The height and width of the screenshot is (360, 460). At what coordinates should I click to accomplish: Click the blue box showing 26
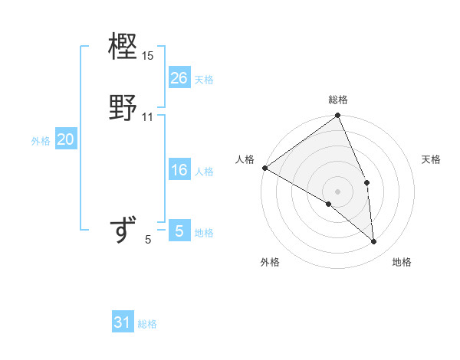179,77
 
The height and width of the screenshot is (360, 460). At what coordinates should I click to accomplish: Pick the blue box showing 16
179,170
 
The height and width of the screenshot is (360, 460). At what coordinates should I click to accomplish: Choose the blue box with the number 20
65,139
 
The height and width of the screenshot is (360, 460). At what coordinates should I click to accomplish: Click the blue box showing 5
179,231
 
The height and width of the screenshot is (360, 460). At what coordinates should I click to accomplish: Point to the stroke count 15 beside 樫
148,56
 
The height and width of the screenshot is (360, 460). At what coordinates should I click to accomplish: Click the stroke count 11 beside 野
148,117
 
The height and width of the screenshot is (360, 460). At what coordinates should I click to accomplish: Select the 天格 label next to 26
204,79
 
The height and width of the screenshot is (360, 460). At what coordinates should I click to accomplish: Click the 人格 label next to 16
204,172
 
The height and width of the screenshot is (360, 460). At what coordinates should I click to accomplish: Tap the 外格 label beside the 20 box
41,141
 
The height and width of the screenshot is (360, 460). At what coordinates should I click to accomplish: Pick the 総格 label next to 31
147,324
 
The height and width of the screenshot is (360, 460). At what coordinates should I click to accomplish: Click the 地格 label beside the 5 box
204,233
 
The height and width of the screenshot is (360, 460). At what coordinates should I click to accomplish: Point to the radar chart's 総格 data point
338,116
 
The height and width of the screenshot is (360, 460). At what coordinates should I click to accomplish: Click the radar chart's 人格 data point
264,168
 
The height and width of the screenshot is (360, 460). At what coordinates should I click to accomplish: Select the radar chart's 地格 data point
373,242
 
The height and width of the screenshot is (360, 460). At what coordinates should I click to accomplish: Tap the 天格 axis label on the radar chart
431,159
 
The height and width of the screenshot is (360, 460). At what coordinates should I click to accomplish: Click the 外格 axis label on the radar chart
270,262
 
